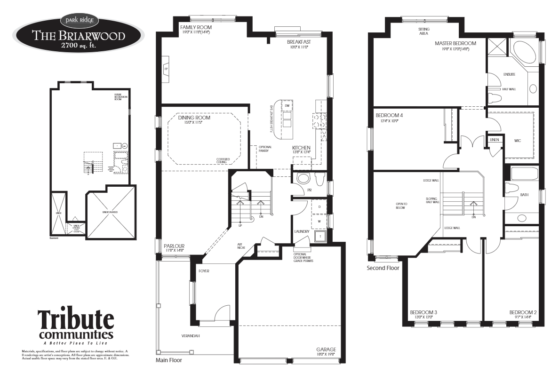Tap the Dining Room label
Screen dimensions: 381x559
194,118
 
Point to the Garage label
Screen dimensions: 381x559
326,349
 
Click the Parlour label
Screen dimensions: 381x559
174,246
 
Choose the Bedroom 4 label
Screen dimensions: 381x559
389,115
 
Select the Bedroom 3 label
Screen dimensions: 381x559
423,312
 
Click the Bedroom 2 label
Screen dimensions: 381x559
523,312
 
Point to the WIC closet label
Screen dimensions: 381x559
518,140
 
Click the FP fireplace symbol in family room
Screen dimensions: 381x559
166,69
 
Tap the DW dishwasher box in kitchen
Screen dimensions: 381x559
287,106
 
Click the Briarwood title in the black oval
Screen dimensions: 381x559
78,36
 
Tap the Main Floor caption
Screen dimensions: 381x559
168,361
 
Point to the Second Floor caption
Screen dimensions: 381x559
383,268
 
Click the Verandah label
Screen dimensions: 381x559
191,336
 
